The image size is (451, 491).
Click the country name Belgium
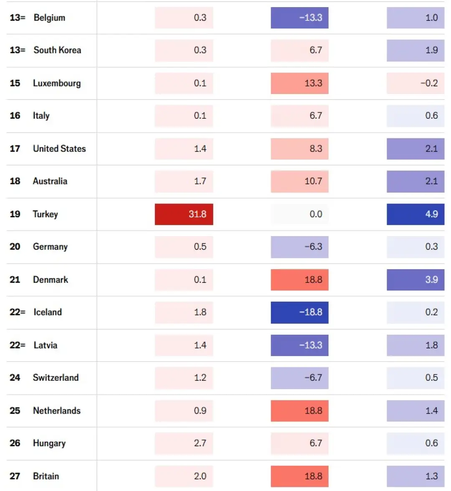(x=49, y=18)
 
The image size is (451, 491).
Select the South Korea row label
(x=57, y=50)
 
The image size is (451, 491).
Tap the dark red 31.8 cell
(x=184, y=214)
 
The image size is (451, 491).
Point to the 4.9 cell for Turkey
(x=416, y=214)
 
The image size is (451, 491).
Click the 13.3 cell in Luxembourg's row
(x=299, y=83)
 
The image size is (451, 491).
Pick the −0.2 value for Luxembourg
(x=416, y=83)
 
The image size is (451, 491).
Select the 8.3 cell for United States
(x=299, y=149)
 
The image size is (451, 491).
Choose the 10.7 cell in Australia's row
(x=299, y=181)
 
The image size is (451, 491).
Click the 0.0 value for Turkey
(x=299, y=214)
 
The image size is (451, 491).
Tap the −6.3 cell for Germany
(x=299, y=247)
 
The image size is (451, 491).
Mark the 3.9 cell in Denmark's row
(x=416, y=280)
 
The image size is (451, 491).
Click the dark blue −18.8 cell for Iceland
(x=299, y=312)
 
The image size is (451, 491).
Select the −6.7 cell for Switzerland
(x=299, y=378)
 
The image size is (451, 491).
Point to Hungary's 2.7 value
(x=184, y=443)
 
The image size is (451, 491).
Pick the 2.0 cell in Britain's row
(x=184, y=476)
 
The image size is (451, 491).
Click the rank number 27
(x=15, y=476)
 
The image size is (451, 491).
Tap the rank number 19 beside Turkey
(x=15, y=214)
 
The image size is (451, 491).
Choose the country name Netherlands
(x=57, y=411)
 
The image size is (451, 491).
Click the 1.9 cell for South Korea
(x=416, y=50)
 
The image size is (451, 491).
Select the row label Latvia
(x=46, y=345)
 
